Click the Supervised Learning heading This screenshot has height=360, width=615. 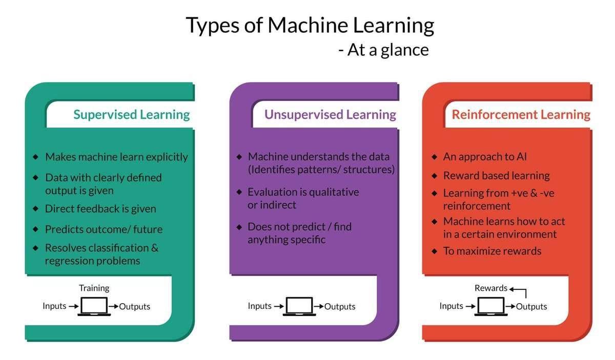(131, 114)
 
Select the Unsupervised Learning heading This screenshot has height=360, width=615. (330, 114)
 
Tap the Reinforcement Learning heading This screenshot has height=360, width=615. (521, 114)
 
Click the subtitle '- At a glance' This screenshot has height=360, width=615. (383, 50)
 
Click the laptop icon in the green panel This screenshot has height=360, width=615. (94, 307)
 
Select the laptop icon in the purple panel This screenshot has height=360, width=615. (299, 307)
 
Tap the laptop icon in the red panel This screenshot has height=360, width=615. (491, 307)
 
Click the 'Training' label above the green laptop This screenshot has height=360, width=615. (94, 288)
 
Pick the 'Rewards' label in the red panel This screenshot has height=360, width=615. (490, 288)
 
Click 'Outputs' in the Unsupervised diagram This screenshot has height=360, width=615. (340, 307)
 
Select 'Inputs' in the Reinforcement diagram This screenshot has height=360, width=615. (451, 306)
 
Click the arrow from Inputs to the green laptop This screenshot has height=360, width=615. (73, 307)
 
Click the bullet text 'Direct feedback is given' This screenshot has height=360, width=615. (100, 209)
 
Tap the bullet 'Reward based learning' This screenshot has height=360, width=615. (496, 176)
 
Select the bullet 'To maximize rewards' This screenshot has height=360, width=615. (492, 251)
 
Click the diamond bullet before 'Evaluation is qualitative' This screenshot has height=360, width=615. (239, 192)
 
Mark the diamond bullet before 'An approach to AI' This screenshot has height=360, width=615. (435, 157)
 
